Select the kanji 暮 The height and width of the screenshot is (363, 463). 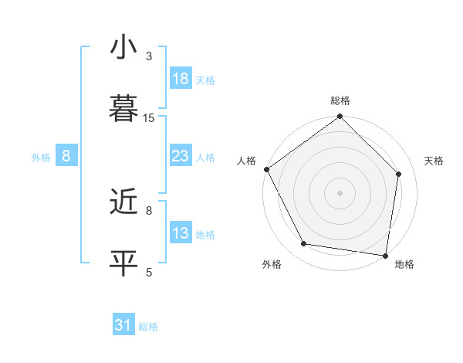tap(123, 107)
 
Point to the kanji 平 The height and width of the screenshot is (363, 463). tap(123, 262)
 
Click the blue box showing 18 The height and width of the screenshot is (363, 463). tap(180, 78)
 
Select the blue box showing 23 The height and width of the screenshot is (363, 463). tap(180, 155)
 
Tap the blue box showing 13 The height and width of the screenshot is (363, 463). tap(180, 232)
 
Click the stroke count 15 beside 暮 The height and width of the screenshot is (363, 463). tap(149, 118)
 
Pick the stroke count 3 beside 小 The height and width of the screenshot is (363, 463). tap(149, 56)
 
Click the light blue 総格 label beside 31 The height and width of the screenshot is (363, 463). tap(148, 327)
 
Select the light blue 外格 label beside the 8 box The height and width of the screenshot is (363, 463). tap(41, 158)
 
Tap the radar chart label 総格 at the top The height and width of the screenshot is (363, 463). tap(340, 101)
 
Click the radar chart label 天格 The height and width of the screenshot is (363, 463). tap(434, 161)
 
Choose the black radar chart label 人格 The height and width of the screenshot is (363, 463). tap(246, 161)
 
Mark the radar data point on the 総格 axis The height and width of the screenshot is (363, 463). tap(340, 117)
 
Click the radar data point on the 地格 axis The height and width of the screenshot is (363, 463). tap(385, 255)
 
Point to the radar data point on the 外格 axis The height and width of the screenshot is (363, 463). tap(304, 244)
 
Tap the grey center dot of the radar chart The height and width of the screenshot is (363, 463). tap(340, 192)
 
